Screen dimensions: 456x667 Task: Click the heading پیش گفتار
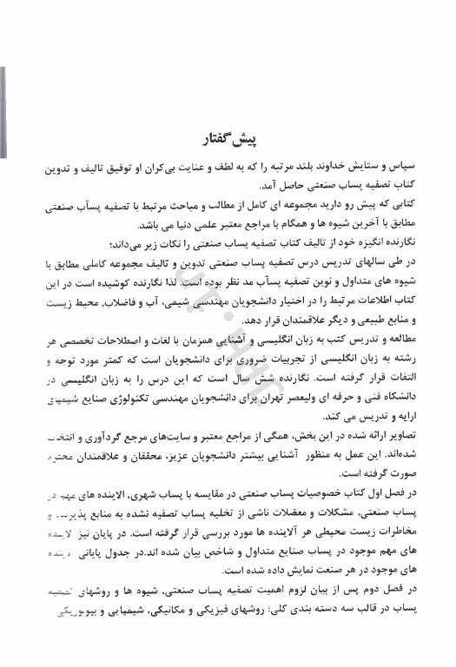228,140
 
